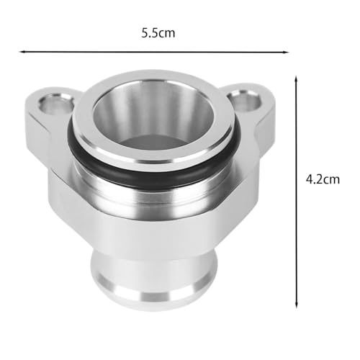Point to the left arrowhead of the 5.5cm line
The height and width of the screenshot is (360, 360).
pyautogui.click(x=22, y=51)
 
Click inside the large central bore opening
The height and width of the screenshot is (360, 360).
pyautogui.click(x=153, y=119)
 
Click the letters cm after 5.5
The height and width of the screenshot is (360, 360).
pyautogui.click(x=167, y=33)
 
